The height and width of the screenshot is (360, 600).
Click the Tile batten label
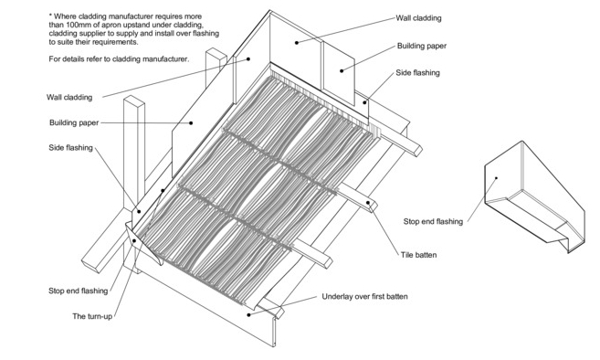pyautogui.click(x=418, y=255)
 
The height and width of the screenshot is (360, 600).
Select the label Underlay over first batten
pyautogui.click(x=364, y=296)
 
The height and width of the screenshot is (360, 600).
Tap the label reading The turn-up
pyautogui.click(x=92, y=316)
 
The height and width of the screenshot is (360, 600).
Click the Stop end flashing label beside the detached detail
pyautogui.click(x=433, y=221)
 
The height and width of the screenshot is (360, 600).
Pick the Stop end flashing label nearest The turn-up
pyautogui.click(x=78, y=291)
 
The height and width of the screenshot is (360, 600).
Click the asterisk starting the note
pyautogui.click(x=50, y=16)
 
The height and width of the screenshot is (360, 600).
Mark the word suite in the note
pyautogui.click(x=66, y=42)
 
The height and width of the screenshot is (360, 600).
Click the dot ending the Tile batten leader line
pyautogui.click(x=368, y=203)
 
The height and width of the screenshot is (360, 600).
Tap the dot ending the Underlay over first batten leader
pyautogui.click(x=248, y=315)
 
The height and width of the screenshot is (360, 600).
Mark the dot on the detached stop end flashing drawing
pyautogui.click(x=496, y=177)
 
